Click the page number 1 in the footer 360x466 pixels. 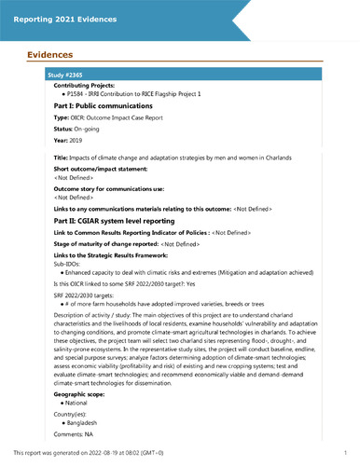click(x=345, y=452)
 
